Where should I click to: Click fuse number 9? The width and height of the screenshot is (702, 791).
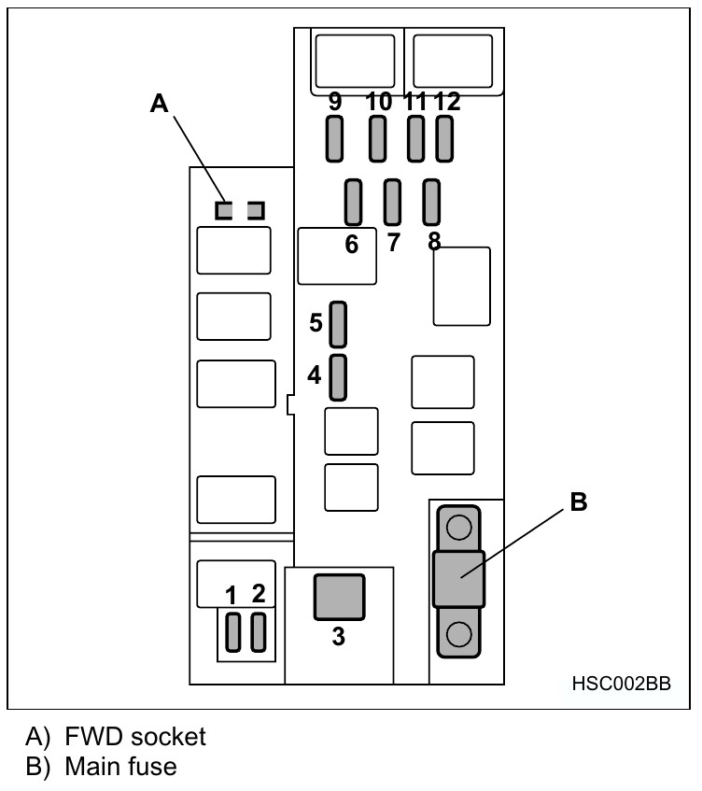[335, 140]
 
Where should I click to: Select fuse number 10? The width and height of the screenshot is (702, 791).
[377, 140]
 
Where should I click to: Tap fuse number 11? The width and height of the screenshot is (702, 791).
[416, 140]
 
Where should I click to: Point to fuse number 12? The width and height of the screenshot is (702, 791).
[444, 140]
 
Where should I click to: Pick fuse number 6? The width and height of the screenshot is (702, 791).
[353, 202]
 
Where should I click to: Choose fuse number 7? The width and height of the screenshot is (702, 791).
[392, 201]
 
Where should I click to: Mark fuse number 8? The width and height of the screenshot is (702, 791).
[431, 201]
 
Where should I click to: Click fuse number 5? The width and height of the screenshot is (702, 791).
[339, 323]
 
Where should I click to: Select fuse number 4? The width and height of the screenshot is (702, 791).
[339, 376]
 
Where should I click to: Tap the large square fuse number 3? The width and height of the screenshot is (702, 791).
[339, 597]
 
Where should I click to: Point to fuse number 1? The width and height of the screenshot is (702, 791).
[233, 632]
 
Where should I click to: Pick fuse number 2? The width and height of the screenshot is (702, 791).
[259, 632]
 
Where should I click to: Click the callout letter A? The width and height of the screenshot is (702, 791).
[160, 104]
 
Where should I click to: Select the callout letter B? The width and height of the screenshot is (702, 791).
[579, 502]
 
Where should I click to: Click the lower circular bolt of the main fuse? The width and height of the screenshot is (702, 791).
[457, 635]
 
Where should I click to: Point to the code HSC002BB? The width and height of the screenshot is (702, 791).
[620, 683]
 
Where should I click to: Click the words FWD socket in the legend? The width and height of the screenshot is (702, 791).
[135, 736]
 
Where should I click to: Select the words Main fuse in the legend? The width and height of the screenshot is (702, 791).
[120, 767]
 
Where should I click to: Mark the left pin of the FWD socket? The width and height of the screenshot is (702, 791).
[223, 211]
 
